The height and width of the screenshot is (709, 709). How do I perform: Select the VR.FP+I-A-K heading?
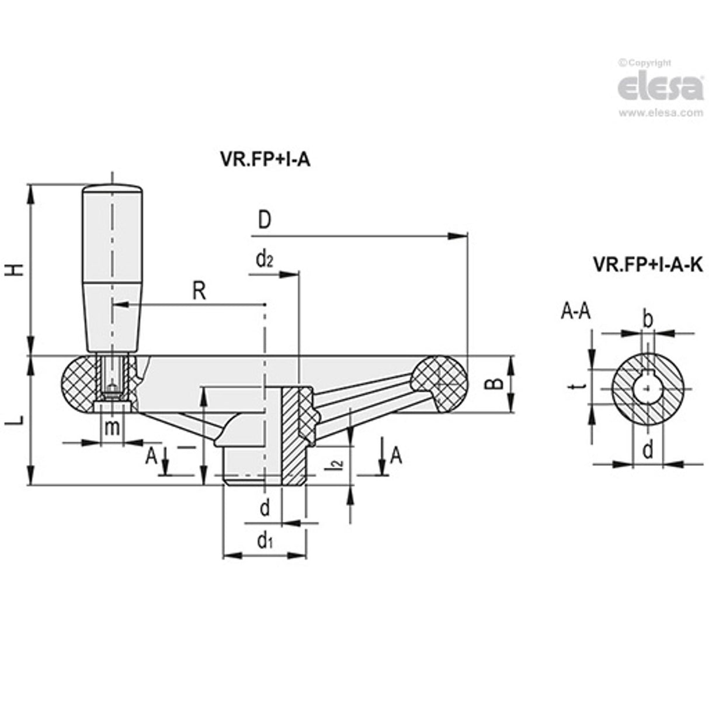pyautogui.click(x=647, y=265)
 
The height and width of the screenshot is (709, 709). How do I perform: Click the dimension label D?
pyautogui.click(x=264, y=221)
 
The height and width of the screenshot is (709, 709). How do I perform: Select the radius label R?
pyautogui.click(x=199, y=290)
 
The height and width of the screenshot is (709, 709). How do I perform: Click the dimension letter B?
pyautogui.click(x=495, y=384)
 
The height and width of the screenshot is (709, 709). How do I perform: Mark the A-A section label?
pyautogui.click(x=575, y=312)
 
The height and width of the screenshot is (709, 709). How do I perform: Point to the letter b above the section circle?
pyautogui.click(x=647, y=319)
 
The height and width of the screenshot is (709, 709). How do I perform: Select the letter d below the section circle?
pyautogui.click(x=647, y=450)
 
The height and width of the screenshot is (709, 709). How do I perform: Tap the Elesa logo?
pyautogui.click(x=660, y=88)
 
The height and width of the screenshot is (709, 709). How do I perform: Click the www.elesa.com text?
pyautogui.click(x=661, y=113)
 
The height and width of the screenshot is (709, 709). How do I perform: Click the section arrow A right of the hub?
pyautogui.click(x=395, y=454)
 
